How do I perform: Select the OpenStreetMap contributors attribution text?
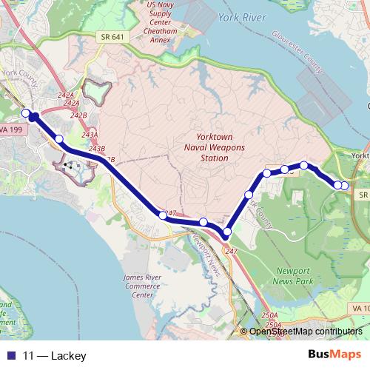[x=306, y=332]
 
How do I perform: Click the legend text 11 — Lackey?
[x=55, y=356]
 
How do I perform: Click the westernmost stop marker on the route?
[x=26, y=112]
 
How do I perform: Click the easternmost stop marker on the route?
[x=344, y=185]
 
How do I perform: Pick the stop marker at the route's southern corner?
[x=227, y=232]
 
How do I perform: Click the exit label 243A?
[x=90, y=135]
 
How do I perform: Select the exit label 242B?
[x=78, y=115]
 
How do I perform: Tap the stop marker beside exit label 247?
[x=163, y=215]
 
